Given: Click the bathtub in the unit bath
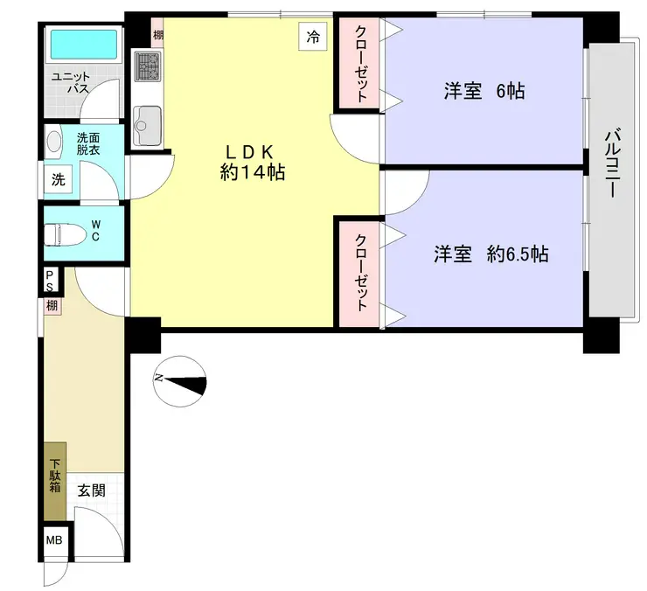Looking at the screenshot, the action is point(83,45).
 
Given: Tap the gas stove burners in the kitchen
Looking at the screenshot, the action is point(147,66).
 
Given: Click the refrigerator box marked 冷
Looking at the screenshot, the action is point(312,37).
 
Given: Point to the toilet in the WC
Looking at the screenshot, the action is point(64,235).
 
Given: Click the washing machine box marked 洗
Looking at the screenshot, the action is point(58,179).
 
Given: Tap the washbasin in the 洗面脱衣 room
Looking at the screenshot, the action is point(53,141).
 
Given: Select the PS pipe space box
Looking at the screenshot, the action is point(50,281).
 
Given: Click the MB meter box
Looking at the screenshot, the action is point(54,539).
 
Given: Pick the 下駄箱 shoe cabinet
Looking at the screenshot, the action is point(55,482).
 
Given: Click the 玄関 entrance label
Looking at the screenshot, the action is point(92,490).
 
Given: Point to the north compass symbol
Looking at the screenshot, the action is point(179,382).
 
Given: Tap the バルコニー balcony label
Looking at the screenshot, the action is point(611,164).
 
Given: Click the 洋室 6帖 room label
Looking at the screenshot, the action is point(484,91).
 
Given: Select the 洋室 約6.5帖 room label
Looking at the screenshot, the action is point(491,254).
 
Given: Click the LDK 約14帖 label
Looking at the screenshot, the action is point(252,163).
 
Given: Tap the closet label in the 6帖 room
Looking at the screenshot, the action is point(361,64).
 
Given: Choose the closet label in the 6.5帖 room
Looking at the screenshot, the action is point(361,273).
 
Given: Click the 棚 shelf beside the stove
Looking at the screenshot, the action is point(157,35).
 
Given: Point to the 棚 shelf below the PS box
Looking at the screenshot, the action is point(52,306).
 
